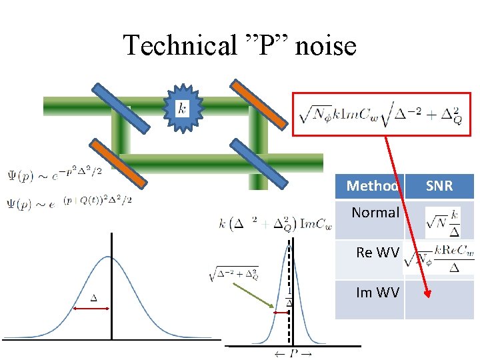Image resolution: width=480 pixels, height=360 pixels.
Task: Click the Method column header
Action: (371, 185)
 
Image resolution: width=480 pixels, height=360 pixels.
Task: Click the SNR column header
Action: (439, 185)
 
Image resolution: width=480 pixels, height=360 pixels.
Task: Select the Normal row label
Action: (375, 213)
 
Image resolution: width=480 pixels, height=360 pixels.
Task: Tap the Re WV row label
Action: (377, 253)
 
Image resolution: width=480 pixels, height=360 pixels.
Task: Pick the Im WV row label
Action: (378, 292)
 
